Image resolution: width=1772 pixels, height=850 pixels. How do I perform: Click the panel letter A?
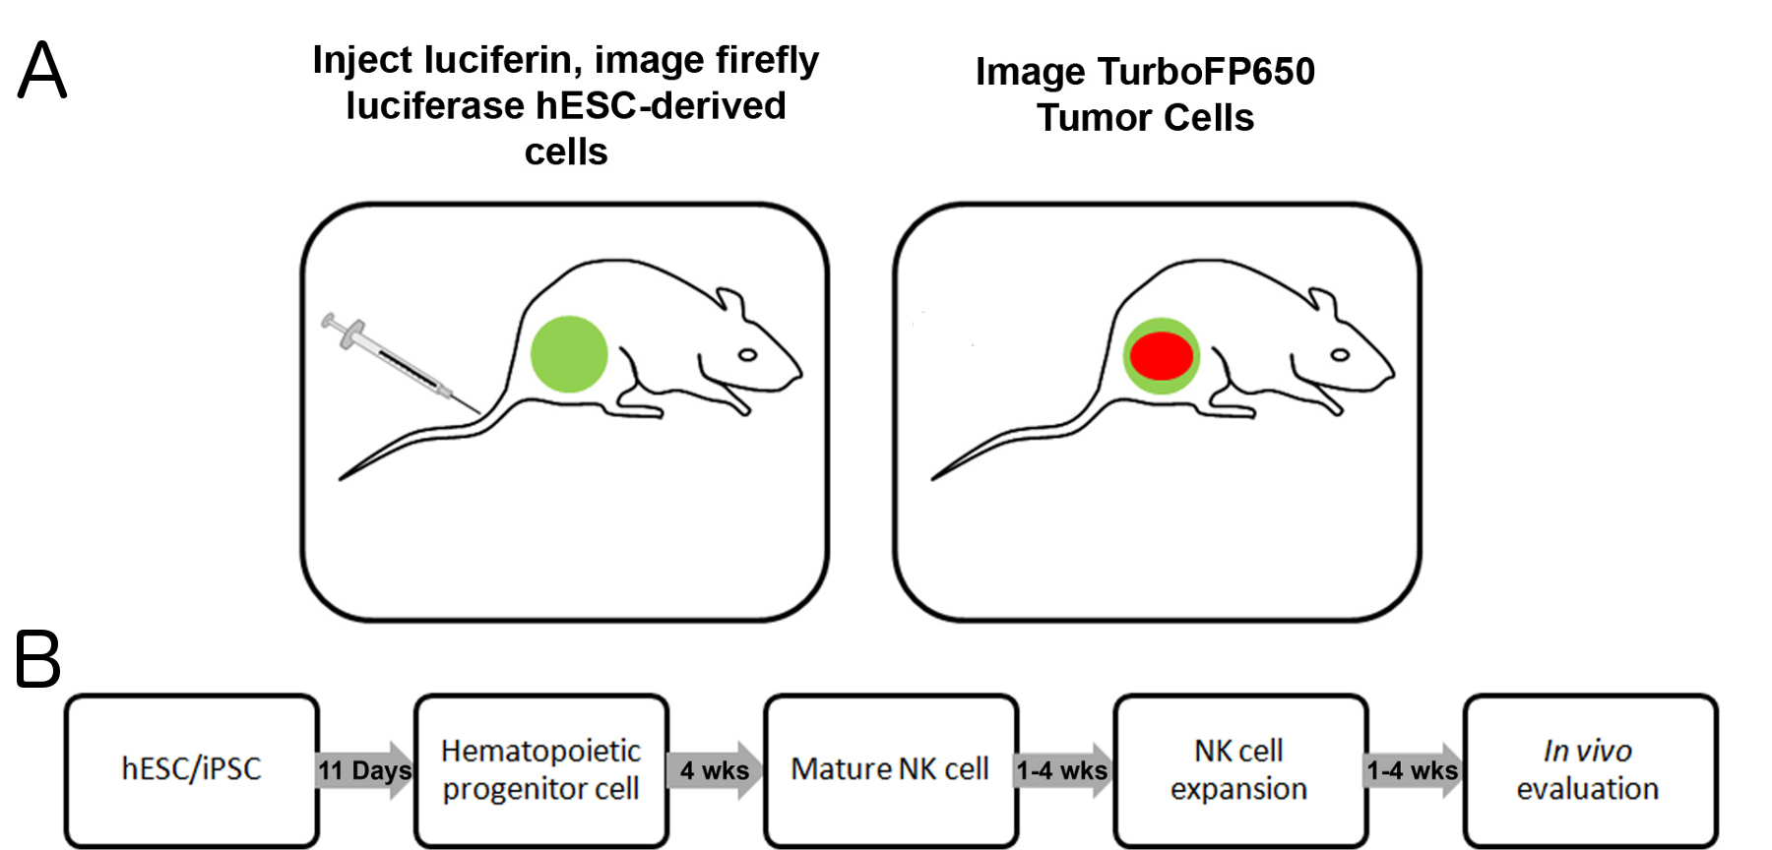[x=42, y=70]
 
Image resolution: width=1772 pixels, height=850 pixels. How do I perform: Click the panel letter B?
[x=37, y=659]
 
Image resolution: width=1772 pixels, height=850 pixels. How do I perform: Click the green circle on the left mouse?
[x=569, y=354]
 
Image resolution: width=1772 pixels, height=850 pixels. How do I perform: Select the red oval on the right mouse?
[x=1162, y=356]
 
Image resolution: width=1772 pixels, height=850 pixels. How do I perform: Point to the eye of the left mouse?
[x=748, y=354]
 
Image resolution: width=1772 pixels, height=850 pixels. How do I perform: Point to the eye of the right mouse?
[x=1340, y=354]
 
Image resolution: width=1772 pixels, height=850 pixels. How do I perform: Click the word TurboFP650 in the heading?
[x=1206, y=72]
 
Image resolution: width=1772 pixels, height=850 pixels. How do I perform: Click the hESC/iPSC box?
[x=192, y=769]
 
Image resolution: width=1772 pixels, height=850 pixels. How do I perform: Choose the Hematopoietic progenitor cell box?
[x=541, y=769]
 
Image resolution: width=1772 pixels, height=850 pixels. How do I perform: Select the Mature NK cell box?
[x=890, y=769]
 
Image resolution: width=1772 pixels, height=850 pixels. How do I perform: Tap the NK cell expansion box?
[x=1239, y=769]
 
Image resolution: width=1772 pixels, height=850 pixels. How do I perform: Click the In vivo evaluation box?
[x=1589, y=769]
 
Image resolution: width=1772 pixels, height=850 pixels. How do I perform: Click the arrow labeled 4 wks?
[x=716, y=769]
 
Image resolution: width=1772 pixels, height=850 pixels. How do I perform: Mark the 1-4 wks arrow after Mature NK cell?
[x=1064, y=769]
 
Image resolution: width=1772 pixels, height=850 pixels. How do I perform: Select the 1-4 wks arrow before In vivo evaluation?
[x=1414, y=769]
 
